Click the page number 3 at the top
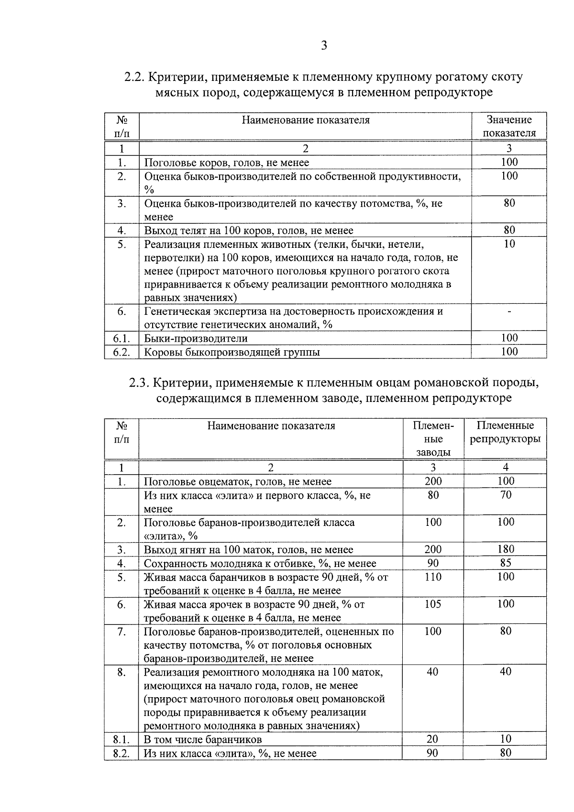coord(324,46)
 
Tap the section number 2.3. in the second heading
coord(139,383)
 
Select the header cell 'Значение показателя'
coord(509,126)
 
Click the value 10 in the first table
coord(509,244)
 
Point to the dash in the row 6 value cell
coord(509,312)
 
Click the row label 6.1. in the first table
coord(121,339)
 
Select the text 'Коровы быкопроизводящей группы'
coord(232,353)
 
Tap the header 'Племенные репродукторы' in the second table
coord(505,432)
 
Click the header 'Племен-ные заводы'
coord(433,439)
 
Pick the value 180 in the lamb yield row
coord(506,549)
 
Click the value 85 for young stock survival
coord(506,563)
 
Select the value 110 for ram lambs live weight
coord(433,577)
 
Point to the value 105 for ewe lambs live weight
coord(433,604)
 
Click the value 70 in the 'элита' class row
coord(506,495)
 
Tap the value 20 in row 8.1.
coord(432,739)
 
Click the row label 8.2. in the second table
coord(121,753)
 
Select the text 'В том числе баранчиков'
coord(203,739)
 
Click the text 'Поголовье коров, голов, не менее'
coord(226,163)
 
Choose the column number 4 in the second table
coord(506,467)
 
